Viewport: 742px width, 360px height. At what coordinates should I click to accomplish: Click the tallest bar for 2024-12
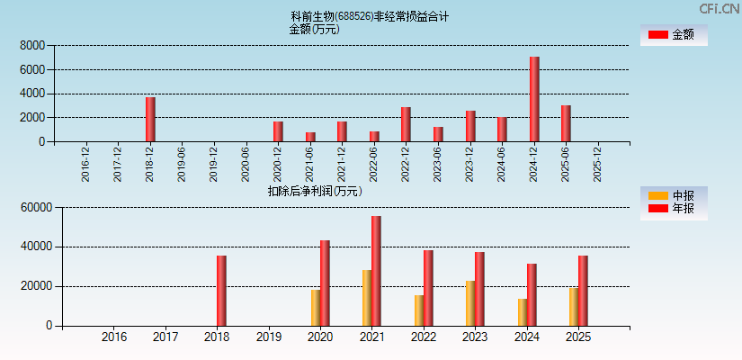point(534,99)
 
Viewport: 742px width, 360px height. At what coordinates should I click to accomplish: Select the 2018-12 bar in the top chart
point(150,119)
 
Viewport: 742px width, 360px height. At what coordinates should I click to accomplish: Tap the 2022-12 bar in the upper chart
point(406,124)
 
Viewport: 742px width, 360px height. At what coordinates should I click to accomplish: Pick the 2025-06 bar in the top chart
point(566,123)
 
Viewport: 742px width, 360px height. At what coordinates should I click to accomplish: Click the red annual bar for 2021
point(376,271)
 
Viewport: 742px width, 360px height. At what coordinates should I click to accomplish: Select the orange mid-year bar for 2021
point(366,298)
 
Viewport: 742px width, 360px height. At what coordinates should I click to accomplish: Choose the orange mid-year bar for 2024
point(522,312)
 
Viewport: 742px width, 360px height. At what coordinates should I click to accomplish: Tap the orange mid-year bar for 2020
point(315,308)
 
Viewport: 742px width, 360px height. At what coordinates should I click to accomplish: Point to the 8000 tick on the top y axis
point(33,45)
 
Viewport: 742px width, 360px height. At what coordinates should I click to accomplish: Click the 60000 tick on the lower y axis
point(37,208)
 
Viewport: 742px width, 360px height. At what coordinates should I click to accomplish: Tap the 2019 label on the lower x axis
point(269,337)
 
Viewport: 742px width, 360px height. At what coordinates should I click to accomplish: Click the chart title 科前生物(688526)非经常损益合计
point(370,16)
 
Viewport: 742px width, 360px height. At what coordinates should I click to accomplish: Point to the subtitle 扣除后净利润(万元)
point(315,191)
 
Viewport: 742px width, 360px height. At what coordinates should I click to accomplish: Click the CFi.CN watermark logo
point(719,8)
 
